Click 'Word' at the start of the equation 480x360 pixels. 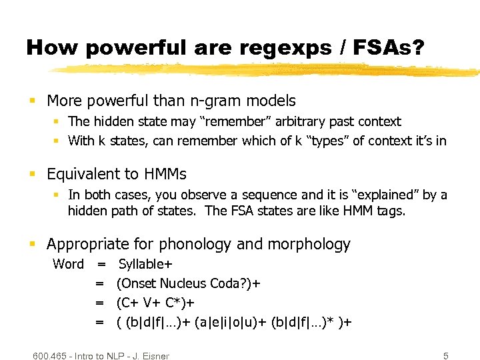68,264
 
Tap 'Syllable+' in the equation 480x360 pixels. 145,264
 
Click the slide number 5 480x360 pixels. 445,355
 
